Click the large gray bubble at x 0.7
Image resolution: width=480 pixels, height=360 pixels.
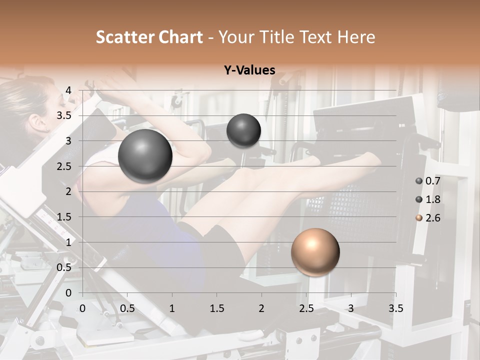[145, 156]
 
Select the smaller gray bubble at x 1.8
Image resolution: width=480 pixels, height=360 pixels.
[243, 130]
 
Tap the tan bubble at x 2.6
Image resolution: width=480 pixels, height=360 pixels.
[315, 252]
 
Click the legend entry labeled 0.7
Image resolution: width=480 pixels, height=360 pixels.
[428, 181]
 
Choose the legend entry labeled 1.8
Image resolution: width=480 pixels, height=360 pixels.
[428, 199]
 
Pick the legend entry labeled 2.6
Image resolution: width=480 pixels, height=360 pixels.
[428, 218]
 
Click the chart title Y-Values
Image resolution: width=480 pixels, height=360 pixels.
[249, 70]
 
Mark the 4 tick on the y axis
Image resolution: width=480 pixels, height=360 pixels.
[68, 90]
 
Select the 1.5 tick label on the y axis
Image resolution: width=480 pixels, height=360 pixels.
[64, 217]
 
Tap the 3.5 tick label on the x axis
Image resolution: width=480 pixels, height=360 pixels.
[395, 308]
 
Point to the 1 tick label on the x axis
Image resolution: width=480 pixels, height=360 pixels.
[172, 308]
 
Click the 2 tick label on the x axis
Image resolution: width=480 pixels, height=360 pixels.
[261, 308]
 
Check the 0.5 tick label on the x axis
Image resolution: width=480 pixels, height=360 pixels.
[127, 308]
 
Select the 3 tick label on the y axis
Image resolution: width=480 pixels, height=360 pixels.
[68, 141]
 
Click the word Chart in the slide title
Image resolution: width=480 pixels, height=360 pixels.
[179, 37]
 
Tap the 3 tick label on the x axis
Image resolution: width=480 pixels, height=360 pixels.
[351, 308]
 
